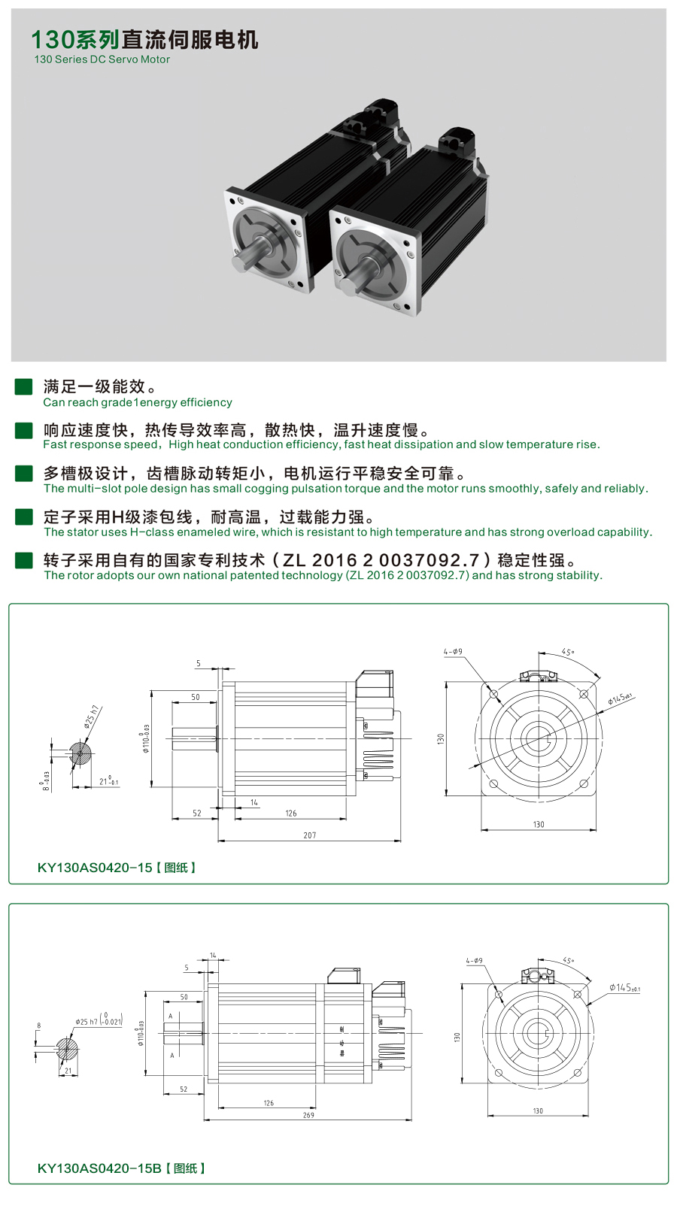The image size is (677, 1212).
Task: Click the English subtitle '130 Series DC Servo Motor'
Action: click(102, 59)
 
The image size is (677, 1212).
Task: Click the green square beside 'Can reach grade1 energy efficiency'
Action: click(24, 386)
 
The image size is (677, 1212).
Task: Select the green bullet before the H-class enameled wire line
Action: click(24, 517)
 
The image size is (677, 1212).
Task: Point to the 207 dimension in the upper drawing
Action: click(310, 835)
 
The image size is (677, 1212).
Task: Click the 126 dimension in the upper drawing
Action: click(291, 814)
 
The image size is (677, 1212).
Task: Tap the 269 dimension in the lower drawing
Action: click(308, 1115)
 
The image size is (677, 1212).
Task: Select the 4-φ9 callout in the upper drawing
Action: click(453, 652)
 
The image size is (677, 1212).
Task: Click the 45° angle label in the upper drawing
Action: click(568, 653)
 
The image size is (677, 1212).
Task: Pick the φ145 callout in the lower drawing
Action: click(624, 987)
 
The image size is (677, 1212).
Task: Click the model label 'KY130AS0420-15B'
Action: click(99, 1168)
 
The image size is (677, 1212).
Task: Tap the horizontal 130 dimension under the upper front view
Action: click(539, 825)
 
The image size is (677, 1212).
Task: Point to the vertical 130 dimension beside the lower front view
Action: click(457, 1037)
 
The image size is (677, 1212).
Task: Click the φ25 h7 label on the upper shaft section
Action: click(92, 717)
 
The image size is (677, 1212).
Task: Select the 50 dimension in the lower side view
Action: click(184, 997)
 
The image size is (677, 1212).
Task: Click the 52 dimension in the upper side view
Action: click(197, 814)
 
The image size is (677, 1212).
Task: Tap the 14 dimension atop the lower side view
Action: click(213, 956)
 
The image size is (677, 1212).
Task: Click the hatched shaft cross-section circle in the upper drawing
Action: click(80, 753)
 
